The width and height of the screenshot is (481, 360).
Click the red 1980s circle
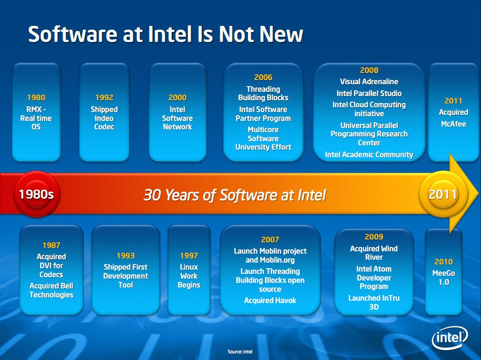coord(37,194)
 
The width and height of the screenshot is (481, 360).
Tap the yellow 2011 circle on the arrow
coord(443,194)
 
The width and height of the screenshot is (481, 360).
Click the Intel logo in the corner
coord(450,337)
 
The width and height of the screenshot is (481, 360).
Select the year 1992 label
coord(104,97)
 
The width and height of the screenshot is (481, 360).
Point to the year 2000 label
coord(177,97)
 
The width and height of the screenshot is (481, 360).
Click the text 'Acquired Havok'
coord(270,301)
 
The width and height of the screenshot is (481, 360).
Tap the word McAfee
coord(453,124)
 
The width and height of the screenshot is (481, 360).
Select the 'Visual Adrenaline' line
coord(369,81)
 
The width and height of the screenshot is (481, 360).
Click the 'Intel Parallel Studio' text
coord(369,93)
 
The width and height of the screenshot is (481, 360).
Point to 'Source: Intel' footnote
coord(240,352)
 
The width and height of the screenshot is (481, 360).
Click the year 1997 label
coord(189,256)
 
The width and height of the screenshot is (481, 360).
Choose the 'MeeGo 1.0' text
coord(443,278)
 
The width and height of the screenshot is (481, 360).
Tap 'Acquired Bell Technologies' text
coord(51,290)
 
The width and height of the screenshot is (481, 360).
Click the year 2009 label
coord(374,237)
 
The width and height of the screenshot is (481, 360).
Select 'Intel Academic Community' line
coord(369,154)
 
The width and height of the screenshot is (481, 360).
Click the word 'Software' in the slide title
coord(72,34)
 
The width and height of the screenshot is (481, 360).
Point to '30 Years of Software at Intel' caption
coord(235,195)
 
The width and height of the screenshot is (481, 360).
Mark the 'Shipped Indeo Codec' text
coord(104,118)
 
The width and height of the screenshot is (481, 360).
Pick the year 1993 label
coord(126,256)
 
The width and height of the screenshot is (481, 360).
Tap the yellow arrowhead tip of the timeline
coord(478,194)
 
